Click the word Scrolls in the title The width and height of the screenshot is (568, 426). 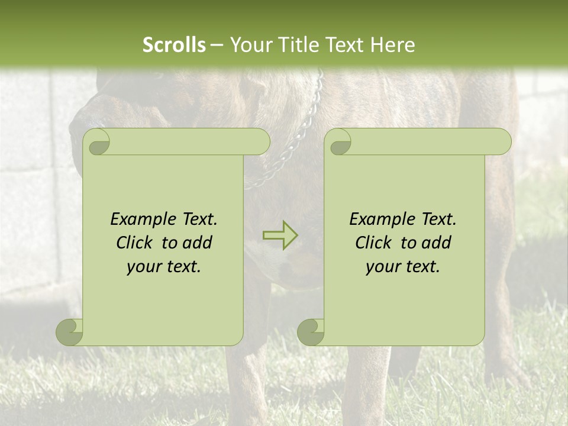pos(174,45)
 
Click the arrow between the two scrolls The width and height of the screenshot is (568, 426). pos(280,235)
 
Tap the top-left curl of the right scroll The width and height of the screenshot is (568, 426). pos(340,143)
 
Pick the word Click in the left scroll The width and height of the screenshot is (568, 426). pos(136,243)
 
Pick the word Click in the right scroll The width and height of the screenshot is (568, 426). pos(375,243)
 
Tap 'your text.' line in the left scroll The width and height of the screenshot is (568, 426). pos(164,267)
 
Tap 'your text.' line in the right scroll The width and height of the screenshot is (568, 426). pos(403,267)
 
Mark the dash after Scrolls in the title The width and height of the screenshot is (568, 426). pos(217,45)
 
